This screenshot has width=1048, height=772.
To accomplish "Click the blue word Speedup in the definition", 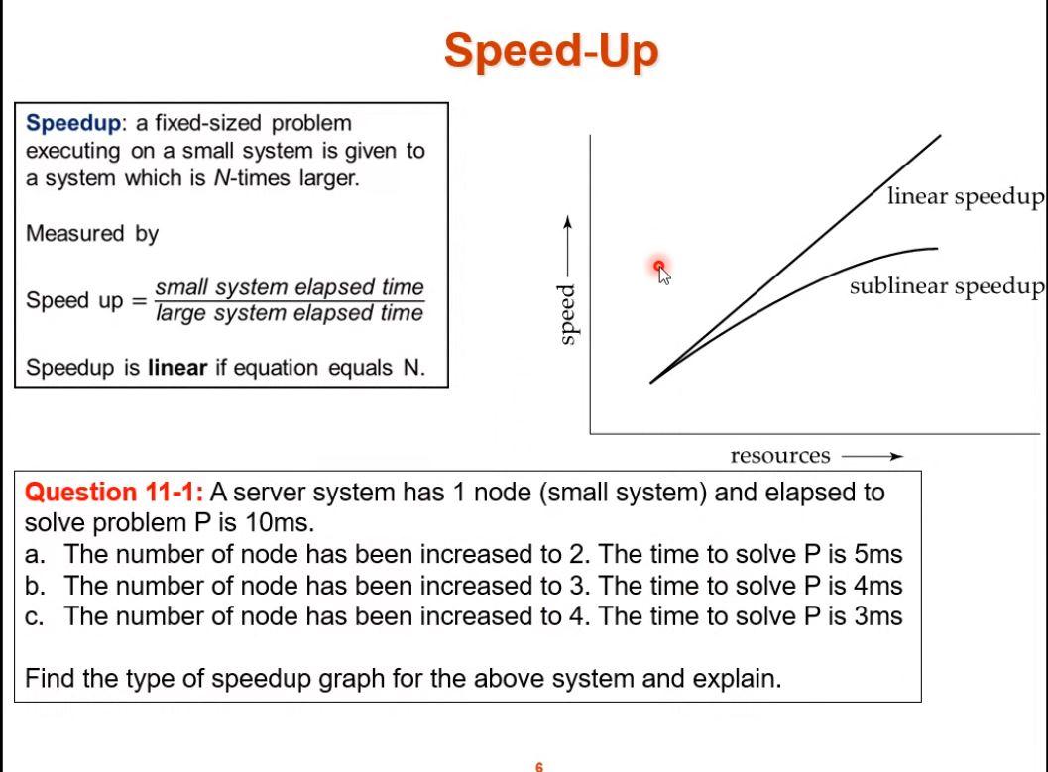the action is pyautogui.click(x=73, y=124).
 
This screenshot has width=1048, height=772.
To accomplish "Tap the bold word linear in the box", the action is pyautogui.click(x=177, y=368).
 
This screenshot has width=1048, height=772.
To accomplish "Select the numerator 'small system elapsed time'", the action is pyautogui.click(x=290, y=287).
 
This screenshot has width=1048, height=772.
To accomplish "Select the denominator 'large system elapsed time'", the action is pyautogui.click(x=290, y=313).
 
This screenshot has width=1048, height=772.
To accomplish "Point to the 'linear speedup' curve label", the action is pyautogui.click(x=965, y=196).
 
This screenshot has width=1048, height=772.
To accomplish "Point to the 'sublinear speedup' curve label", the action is pyautogui.click(x=947, y=286).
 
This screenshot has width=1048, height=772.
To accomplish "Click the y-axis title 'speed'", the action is pyautogui.click(x=567, y=314).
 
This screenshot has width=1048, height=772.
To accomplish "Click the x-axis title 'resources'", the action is pyautogui.click(x=780, y=456).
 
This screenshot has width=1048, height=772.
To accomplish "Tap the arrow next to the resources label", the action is pyautogui.click(x=873, y=456).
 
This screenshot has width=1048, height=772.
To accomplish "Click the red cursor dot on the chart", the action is pyautogui.click(x=659, y=266).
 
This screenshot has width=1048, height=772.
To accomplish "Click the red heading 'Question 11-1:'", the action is pyautogui.click(x=114, y=493).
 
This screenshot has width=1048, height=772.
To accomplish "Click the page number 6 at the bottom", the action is pyautogui.click(x=539, y=767).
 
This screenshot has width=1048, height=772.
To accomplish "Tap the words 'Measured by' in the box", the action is pyautogui.click(x=92, y=234).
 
